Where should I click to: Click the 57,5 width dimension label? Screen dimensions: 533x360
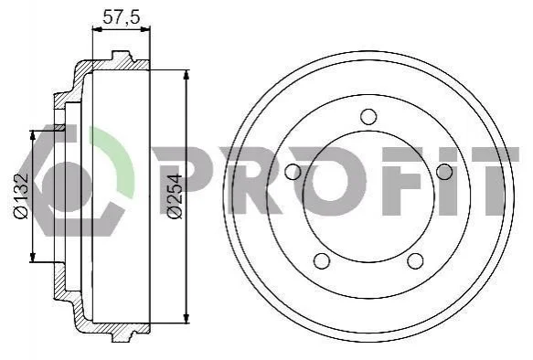point(122,17)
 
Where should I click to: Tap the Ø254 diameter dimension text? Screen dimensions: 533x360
point(176,196)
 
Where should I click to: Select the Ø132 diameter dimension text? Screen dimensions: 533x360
point(21,196)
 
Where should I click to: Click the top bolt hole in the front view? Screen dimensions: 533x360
point(368,116)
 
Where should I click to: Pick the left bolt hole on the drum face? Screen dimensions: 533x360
point(293,172)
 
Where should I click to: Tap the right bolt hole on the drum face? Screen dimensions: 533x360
point(444,172)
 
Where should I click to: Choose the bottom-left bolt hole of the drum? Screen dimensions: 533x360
point(322,260)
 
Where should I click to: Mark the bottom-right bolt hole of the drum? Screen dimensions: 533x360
point(415,260)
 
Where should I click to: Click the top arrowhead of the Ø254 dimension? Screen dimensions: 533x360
point(186,75)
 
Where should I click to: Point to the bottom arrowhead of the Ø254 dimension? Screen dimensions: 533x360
point(186,318)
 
